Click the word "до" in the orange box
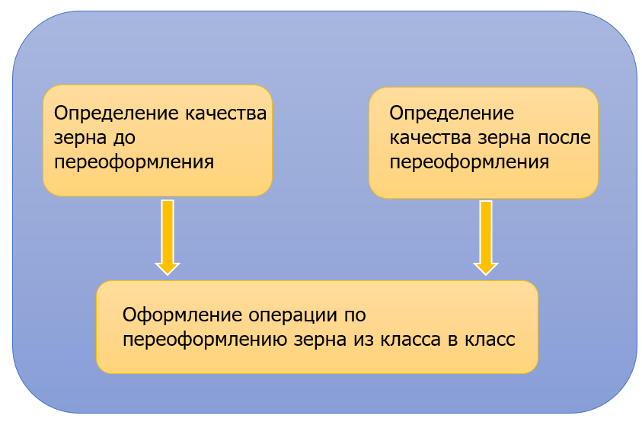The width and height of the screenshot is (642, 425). (111, 139)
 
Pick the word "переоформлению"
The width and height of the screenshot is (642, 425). (205, 339)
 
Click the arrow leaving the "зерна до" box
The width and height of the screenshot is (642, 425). (168, 236)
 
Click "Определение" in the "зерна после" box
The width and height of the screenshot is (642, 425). (452, 113)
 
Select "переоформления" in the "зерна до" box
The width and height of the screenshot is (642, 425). (134, 162)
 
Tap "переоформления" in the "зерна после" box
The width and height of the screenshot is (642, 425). (469, 162)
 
